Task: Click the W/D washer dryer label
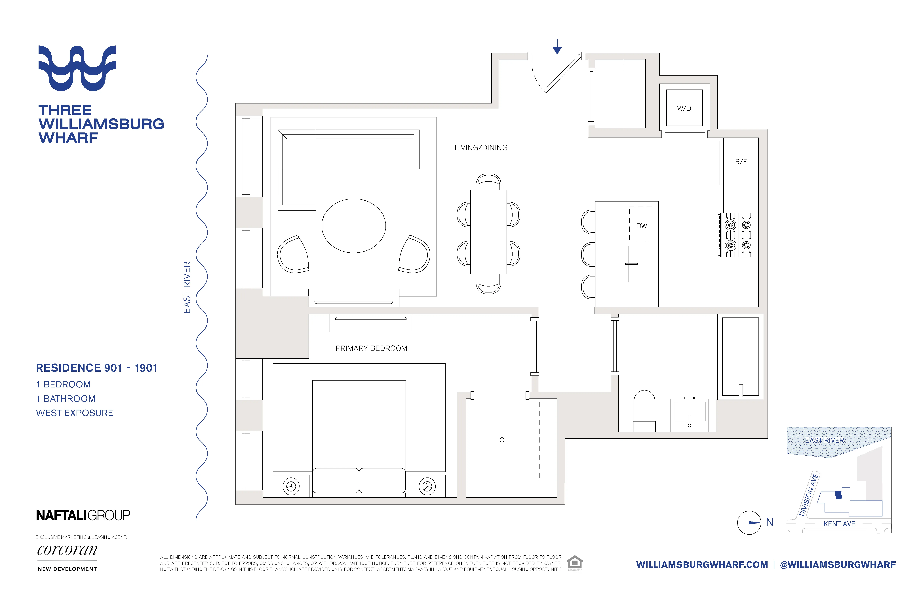point(684,108)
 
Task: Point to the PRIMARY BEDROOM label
point(371,348)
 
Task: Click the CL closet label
point(503,440)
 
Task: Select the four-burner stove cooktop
point(738,235)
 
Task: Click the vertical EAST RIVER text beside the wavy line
point(187,287)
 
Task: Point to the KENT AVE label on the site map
point(839,524)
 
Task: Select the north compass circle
point(749,523)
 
